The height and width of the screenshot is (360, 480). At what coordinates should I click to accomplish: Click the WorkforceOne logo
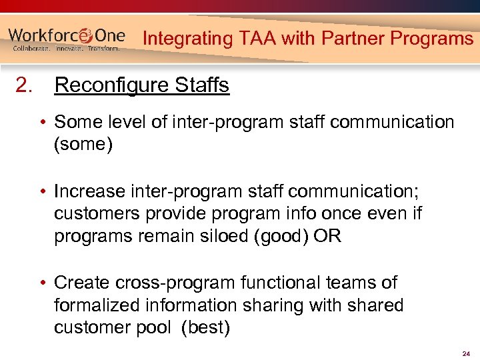click(67, 39)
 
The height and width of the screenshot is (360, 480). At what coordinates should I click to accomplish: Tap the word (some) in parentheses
click(83, 145)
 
